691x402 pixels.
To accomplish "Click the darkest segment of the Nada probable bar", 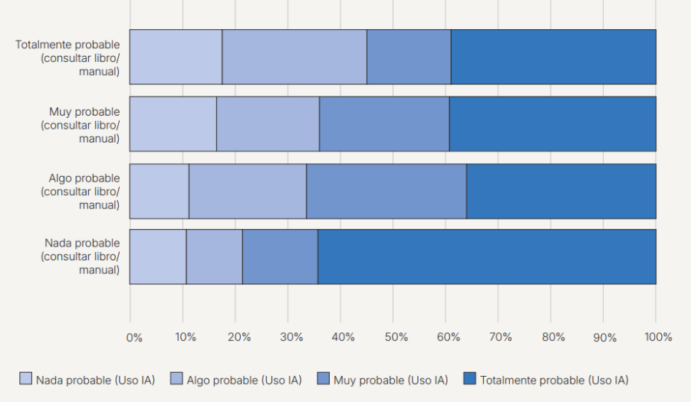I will click(486, 257).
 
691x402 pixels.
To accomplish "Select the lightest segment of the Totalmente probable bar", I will click(176, 57).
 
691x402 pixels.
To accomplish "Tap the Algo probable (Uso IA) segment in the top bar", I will click(294, 57).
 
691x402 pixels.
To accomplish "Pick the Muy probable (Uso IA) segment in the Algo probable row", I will click(386, 191).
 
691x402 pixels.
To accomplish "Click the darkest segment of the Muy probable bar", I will click(552, 124).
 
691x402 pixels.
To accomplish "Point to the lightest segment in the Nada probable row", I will click(157, 257).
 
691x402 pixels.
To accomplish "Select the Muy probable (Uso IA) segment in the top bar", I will click(408, 57).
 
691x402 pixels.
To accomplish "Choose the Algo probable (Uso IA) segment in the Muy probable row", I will click(268, 124).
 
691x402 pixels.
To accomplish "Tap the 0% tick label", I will click(133, 338).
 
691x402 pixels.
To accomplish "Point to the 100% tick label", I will click(657, 338).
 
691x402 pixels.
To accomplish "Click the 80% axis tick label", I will click(552, 338).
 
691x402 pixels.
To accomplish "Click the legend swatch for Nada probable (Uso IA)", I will click(26, 379).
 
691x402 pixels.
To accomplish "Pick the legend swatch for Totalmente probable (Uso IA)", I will click(470, 379).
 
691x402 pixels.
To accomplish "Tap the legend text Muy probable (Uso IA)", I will click(390, 379).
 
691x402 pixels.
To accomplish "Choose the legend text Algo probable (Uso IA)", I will click(244, 379).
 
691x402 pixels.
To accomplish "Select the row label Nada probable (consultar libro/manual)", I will click(80, 257).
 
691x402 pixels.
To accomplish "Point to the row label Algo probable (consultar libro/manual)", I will click(80, 191).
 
